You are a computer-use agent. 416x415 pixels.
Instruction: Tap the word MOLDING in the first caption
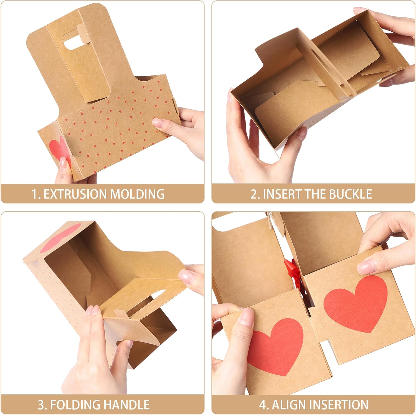(x=137, y=194)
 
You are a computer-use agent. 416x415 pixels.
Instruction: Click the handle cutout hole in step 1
(x=71, y=44)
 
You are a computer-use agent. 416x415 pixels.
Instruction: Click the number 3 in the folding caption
(x=41, y=405)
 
